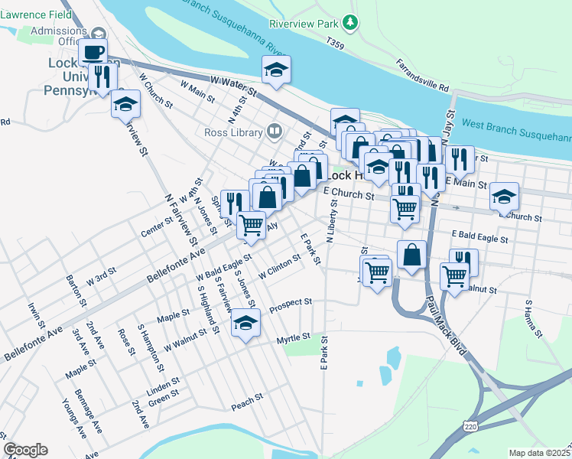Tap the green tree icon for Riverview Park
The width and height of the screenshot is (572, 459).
[350, 22]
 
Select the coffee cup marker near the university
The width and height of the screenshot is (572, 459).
[93, 52]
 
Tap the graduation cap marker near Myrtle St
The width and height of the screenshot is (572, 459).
[245, 323]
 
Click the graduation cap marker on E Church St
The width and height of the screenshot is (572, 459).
[504, 197]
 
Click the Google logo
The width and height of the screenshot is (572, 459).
[25, 450]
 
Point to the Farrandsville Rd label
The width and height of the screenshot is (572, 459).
[422, 74]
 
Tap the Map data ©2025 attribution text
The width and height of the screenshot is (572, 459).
[540, 453]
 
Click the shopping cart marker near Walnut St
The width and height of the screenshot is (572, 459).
[454, 276]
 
